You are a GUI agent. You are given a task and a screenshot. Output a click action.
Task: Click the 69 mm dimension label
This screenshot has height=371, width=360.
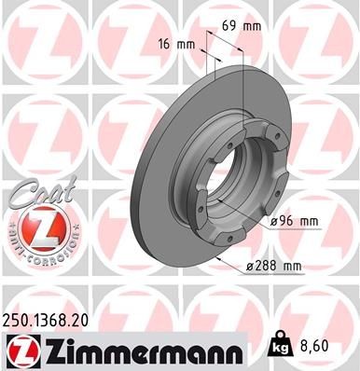tap(240, 27)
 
